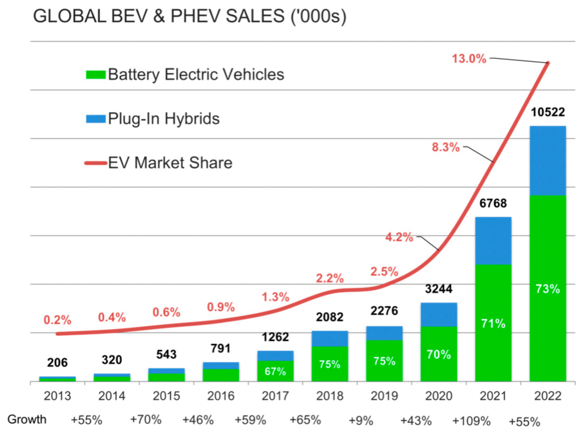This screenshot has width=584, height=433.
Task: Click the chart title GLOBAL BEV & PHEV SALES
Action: click(x=190, y=17)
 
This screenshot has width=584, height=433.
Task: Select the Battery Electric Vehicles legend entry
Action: click(x=184, y=75)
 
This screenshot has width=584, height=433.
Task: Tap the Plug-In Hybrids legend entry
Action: click(x=152, y=119)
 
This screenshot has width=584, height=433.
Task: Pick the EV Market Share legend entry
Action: click(x=159, y=163)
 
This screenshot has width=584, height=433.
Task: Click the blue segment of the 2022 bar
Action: click(x=547, y=161)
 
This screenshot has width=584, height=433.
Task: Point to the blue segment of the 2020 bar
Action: click(x=439, y=314)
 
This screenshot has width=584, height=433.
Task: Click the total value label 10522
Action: click(x=547, y=112)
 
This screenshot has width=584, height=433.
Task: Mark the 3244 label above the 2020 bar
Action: click(x=439, y=289)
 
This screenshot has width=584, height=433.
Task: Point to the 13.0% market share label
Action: click(x=469, y=58)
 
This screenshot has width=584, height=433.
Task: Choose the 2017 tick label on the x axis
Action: click(x=275, y=396)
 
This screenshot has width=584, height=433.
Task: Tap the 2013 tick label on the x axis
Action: click(x=57, y=396)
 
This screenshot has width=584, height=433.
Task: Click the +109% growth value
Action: click(x=471, y=421)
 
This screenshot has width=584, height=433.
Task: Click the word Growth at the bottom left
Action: click(x=27, y=420)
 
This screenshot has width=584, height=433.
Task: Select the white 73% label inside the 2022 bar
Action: click(x=547, y=289)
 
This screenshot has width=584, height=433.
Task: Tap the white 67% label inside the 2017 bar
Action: click(x=275, y=371)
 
